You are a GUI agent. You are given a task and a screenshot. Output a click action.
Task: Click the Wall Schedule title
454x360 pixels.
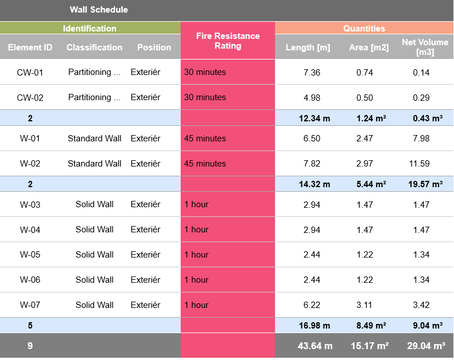click(x=98, y=10)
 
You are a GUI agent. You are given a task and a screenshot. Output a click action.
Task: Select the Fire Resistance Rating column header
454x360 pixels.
click(x=228, y=41)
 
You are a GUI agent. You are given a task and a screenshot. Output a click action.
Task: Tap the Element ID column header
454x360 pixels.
click(x=30, y=48)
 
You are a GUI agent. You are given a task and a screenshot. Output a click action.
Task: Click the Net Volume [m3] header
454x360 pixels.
click(x=425, y=47)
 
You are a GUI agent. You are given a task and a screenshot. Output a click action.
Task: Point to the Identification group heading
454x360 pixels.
click(x=89, y=29)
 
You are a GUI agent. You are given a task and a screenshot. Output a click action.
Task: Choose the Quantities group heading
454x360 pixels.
click(x=364, y=29)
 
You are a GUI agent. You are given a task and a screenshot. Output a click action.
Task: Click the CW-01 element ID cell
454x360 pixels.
click(x=30, y=72)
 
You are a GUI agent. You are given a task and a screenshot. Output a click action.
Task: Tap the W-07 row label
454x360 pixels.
click(x=30, y=305)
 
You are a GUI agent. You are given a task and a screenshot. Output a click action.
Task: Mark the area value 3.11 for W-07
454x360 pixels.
click(x=364, y=305)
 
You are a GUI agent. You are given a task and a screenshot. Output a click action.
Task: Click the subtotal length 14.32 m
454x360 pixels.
click(x=314, y=184)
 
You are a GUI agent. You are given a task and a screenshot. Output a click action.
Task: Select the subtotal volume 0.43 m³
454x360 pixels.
click(x=427, y=118)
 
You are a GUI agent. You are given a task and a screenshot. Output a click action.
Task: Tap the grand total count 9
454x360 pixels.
click(x=30, y=346)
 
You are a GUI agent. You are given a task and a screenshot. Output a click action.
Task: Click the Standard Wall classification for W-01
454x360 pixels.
click(x=94, y=139)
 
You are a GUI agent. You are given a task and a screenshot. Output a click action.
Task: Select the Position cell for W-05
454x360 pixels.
click(x=145, y=255)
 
